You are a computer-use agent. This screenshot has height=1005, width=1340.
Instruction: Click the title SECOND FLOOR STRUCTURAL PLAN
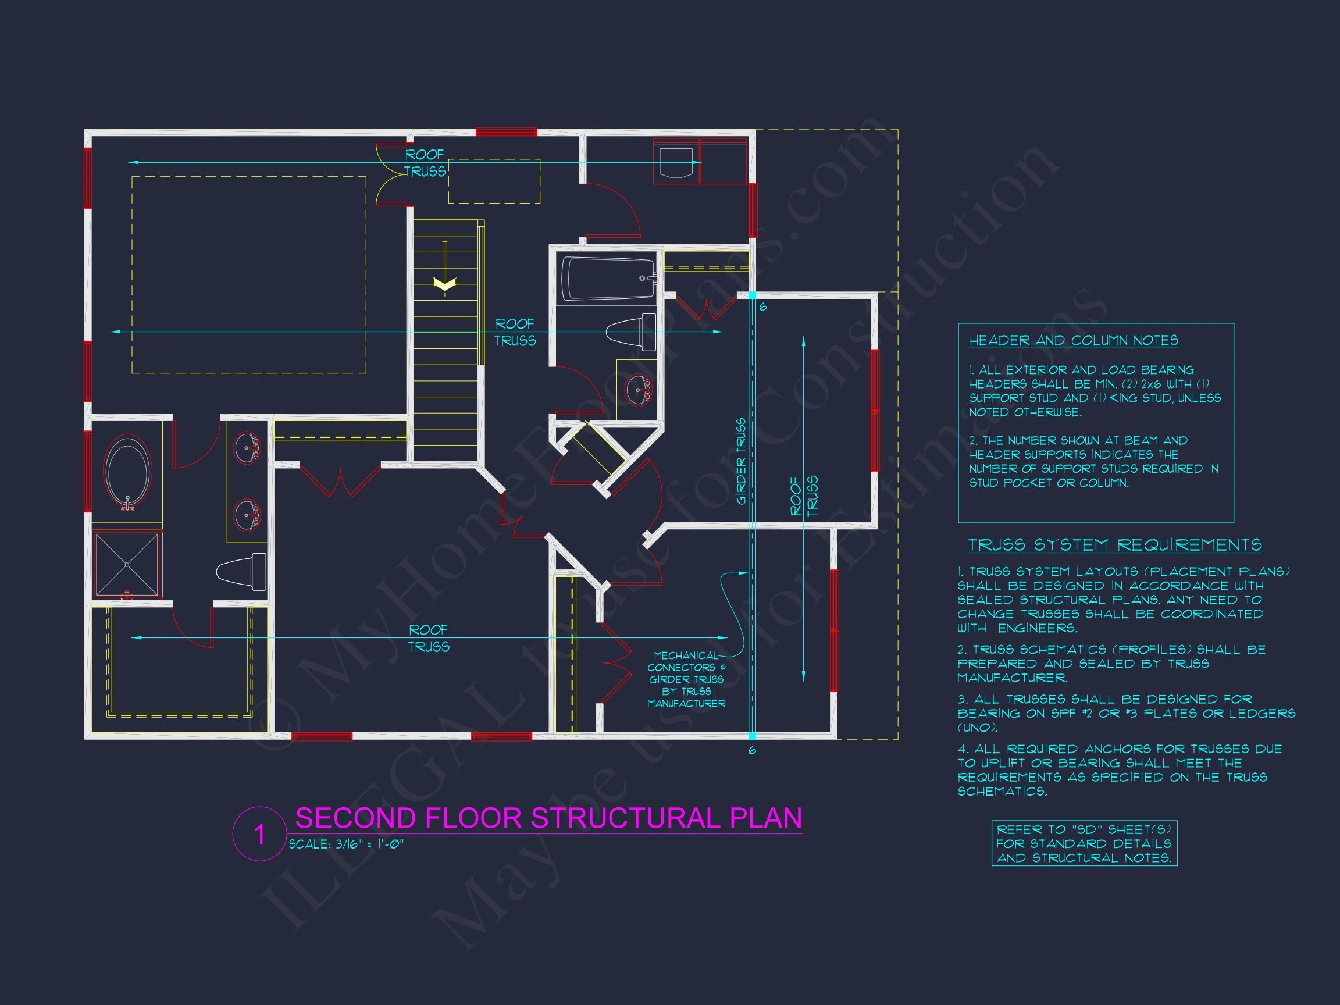(548, 818)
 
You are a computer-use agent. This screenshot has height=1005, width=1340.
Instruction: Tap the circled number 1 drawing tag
(259, 834)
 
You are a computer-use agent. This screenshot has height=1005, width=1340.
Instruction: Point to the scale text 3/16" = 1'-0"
(346, 844)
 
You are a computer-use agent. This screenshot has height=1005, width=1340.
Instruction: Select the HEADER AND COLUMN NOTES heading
(1074, 340)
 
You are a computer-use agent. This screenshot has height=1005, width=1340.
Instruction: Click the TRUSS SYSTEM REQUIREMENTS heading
(1115, 545)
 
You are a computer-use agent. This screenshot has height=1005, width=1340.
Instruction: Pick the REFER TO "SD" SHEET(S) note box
(1084, 843)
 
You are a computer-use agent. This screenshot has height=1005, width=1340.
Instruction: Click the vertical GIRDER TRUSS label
(741, 461)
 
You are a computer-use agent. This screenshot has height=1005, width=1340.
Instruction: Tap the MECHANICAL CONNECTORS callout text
(686, 679)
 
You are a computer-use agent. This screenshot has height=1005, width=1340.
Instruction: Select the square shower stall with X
(127, 565)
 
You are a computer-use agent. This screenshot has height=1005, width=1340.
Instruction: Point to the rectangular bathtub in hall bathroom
(608, 279)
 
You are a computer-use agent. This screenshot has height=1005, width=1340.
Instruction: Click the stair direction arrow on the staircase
(445, 281)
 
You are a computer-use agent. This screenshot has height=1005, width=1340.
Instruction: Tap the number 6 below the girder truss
(753, 751)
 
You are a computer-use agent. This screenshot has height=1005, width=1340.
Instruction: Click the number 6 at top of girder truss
(762, 308)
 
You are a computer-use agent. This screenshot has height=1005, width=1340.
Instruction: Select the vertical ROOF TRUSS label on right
(804, 496)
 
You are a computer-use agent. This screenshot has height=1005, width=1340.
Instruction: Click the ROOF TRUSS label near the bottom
(428, 639)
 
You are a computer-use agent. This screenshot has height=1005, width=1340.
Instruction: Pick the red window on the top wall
(506, 132)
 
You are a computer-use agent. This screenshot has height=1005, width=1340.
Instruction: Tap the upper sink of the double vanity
(247, 448)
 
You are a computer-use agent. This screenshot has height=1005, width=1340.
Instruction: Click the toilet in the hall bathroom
(631, 332)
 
